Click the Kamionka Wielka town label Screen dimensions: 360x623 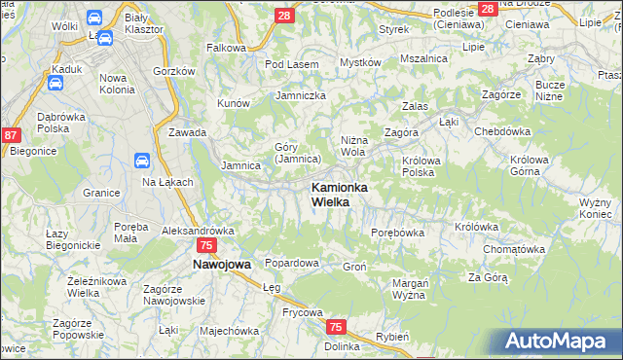tap(338, 194)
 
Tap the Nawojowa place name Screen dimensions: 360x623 tap(221, 264)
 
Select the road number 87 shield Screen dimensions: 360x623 tap(12, 136)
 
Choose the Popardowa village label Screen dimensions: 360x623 tap(292, 263)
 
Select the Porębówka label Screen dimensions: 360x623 tap(398, 233)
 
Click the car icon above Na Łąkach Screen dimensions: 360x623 tap(141, 161)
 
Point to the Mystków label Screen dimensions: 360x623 tap(359, 62)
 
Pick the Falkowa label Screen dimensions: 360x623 tap(226, 47)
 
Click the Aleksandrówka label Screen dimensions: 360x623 tap(199, 231)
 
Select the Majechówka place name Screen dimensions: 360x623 tap(228, 330)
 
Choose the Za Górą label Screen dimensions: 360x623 tap(488, 277)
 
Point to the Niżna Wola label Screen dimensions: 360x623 tap(352, 145)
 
